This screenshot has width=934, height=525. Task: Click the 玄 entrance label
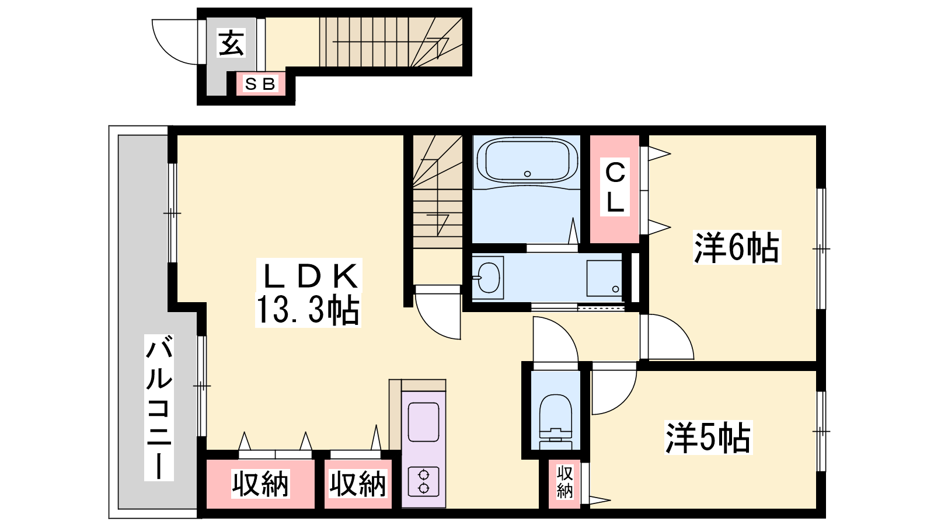pos(231,43)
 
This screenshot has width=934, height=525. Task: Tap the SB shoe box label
pos(260,84)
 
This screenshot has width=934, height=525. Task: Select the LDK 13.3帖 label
pos(308,292)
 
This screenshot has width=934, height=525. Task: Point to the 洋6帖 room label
pos(736,247)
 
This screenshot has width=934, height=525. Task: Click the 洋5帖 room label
pos(708,437)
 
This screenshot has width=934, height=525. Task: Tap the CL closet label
pos(615,187)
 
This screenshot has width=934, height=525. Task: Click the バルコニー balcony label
pos(159,408)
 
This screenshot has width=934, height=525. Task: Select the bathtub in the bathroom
pos(527,160)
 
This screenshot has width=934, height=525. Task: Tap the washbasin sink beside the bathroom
pos(488,278)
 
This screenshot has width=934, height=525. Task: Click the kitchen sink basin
pos(423,422)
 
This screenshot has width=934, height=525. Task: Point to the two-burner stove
pos(423,482)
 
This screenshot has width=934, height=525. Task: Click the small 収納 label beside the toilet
pos(564,482)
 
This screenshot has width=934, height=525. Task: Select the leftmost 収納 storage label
pos(260,484)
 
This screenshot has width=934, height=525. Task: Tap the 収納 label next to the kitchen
pos(358,484)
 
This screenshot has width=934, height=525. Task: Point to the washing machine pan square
pos(604,278)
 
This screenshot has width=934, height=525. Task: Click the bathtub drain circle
pos(528,174)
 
